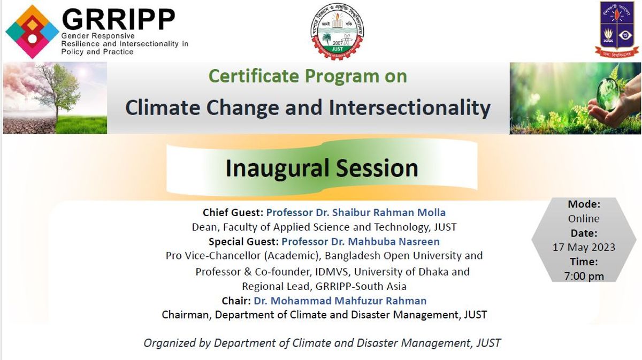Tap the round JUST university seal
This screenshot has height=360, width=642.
pyautogui.click(x=337, y=32)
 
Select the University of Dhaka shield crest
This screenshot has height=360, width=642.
pyautogui.click(x=616, y=29)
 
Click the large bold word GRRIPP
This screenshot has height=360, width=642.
pyautogui.click(x=118, y=19)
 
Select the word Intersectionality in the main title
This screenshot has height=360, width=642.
pyautogui.click(x=410, y=108)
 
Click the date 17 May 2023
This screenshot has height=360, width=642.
pyautogui.click(x=584, y=247)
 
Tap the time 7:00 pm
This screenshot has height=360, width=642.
pyautogui.click(x=584, y=276)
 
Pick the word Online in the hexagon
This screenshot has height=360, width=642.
pyautogui.click(x=584, y=218)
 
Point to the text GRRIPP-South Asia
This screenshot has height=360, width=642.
pyautogui.click(x=361, y=286)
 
